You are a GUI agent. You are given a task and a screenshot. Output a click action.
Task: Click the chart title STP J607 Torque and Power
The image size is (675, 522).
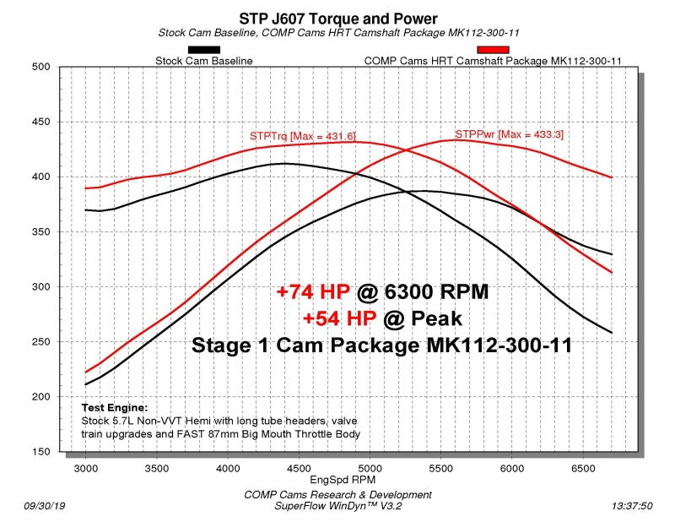[337, 19]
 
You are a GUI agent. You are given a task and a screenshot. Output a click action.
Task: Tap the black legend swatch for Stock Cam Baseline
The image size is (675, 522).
[204, 50]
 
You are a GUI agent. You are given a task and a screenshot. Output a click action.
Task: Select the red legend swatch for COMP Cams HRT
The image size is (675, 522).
[494, 50]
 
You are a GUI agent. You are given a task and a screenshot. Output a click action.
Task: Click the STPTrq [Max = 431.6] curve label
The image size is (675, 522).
[303, 136]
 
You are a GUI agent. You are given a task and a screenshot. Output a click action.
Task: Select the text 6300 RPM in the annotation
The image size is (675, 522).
[436, 291]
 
